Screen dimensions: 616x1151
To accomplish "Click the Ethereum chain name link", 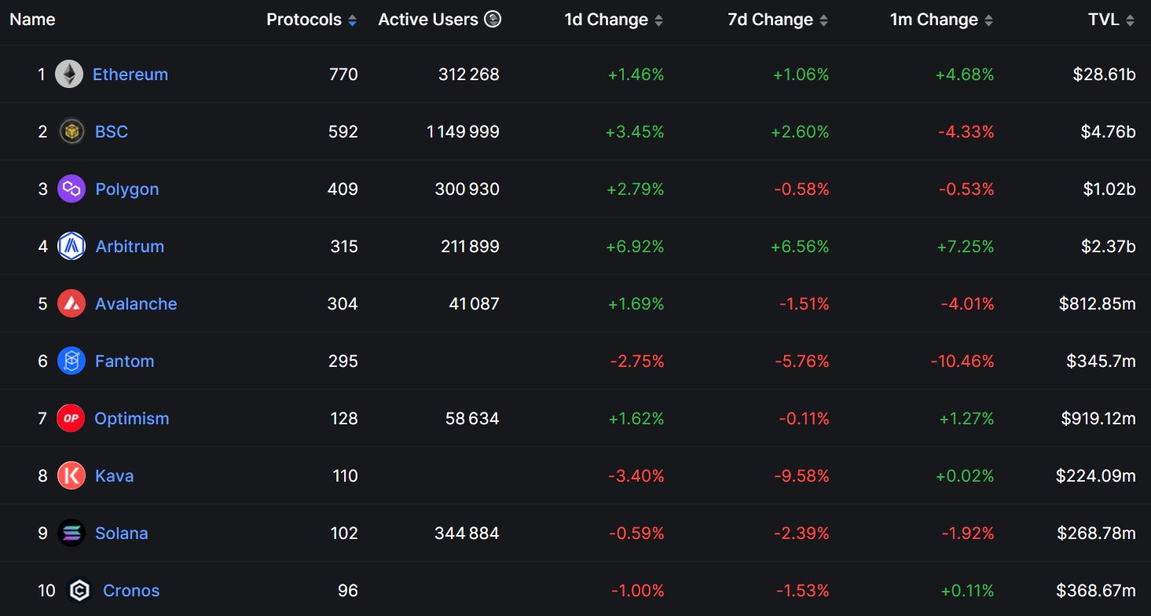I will tap(130, 75).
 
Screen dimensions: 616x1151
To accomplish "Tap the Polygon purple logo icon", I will tap(71, 189).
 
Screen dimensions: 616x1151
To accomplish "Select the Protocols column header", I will tap(304, 20).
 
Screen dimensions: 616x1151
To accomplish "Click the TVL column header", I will tap(1104, 20).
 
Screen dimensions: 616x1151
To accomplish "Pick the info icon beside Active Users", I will tap(493, 20).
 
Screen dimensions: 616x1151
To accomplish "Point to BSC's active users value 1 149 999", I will tap(463, 132).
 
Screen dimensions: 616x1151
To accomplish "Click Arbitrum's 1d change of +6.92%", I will tap(635, 247).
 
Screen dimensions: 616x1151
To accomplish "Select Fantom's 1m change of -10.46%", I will tap(962, 361).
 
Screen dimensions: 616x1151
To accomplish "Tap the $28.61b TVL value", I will tap(1104, 75).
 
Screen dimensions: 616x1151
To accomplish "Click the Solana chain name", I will tap(121, 533).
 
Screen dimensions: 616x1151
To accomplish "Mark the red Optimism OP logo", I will tap(71, 419).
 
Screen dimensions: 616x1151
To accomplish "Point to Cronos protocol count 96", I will tap(347, 591).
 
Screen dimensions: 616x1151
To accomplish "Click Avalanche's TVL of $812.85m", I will tap(1097, 304).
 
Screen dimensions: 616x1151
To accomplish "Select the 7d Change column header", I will tap(770, 20).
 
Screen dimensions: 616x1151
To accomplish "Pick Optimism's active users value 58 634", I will tap(472, 419).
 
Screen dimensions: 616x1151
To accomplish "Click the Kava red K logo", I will tap(71, 476).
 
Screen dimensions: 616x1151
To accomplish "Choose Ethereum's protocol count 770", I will tap(343, 75).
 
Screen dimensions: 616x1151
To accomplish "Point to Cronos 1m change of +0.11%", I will tap(966, 591).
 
